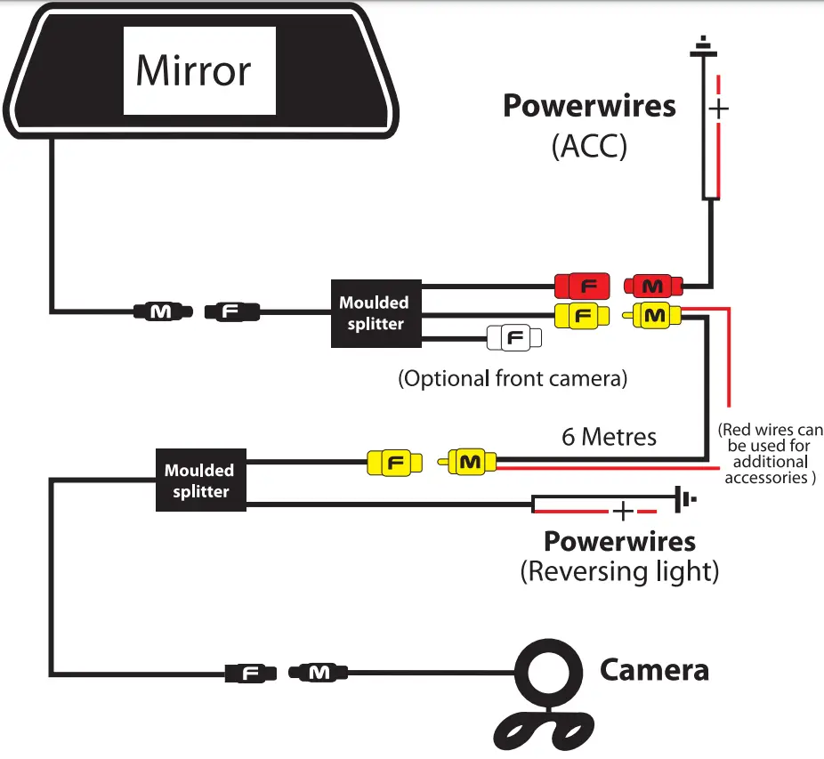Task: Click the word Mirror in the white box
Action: click(x=193, y=70)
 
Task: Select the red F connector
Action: click(x=581, y=287)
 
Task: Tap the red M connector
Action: click(x=654, y=287)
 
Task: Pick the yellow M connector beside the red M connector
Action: click(x=655, y=315)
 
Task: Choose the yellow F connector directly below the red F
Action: click(x=581, y=315)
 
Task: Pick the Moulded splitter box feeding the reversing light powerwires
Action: click(x=200, y=480)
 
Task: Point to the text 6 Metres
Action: click(x=609, y=437)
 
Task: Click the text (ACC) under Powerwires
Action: click(x=589, y=147)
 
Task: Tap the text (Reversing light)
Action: click(x=618, y=571)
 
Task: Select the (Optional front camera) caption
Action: click(x=513, y=378)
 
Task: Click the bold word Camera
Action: click(x=654, y=669)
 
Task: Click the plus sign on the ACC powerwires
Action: click(x=719, y=109)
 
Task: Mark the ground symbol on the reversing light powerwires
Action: click(x=684, y=500)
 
